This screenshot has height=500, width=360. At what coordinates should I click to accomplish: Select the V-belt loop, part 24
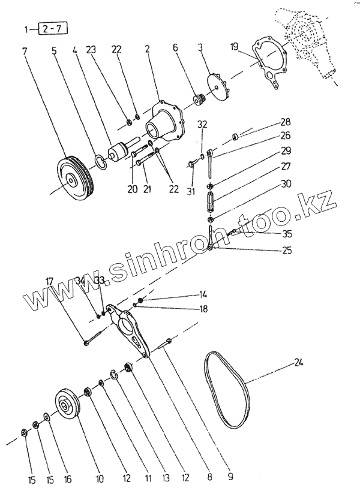[226, 390]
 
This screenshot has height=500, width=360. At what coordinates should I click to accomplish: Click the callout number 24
[298, 362]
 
